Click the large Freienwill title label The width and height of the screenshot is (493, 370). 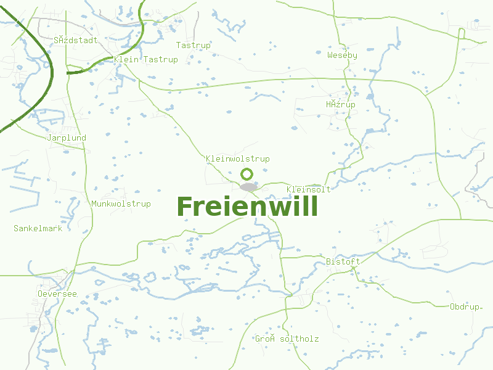(247, 207)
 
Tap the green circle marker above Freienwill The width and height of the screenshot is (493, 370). (247, 175)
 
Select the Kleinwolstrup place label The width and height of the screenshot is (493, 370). (238, 159)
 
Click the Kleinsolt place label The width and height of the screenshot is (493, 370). (309, 189)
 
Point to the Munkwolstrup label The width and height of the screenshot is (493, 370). (121, 204)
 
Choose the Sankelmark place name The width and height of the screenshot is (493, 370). (38, 228)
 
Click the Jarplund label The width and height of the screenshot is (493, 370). (67, 138)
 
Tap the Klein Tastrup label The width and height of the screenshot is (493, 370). (146, 60)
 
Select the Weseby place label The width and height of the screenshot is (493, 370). (342, 55)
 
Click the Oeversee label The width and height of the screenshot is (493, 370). (57, 294)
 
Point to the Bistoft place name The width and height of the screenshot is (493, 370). (343, 262)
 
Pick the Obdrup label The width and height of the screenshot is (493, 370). (465, 306)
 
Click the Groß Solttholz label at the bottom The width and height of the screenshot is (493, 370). (287, 339)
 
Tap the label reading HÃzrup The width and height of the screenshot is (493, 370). (341, 105)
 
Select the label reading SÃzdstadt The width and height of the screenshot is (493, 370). (76, 41)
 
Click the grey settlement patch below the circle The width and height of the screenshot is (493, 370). (248, 187)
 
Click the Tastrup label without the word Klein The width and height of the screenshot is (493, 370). (194, 46)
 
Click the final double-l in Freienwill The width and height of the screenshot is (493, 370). (311, 207)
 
